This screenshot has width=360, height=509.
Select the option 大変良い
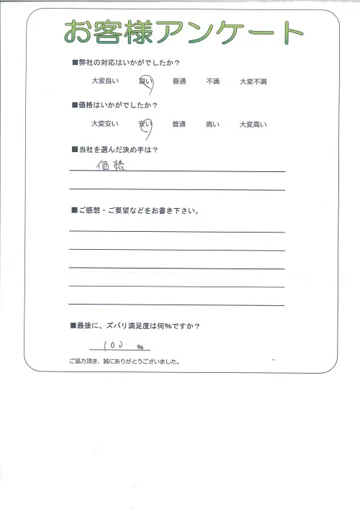[x=104, y=82]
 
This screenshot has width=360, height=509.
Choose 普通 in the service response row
[x=179, y=82]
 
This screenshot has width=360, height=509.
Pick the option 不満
[x=214, y=82]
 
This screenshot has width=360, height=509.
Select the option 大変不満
[x=253, y=82]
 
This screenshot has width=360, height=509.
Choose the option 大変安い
[x=104, y=125]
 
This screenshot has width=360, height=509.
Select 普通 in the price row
[x=179, y=125]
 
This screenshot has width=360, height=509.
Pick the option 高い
[x=214, y=125]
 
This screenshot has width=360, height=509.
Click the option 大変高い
[x=253, y=125]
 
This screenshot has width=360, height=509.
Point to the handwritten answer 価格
[x=109, y=166]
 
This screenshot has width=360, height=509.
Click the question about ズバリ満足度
[x=137, y=325]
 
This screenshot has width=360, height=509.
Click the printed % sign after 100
[x=140, y=348]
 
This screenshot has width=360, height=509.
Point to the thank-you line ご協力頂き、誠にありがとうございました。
[x=125, y=361]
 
